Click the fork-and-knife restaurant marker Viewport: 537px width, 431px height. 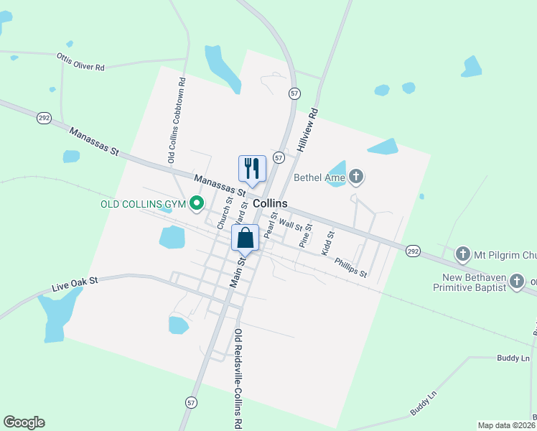(252, 169)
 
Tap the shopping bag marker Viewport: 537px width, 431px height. (245, 238)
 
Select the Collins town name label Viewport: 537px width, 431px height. (269, 203)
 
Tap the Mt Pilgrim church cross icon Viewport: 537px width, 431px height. (463, 254)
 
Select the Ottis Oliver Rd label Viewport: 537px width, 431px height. (80, 61)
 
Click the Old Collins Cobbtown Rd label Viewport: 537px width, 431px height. (176, 120)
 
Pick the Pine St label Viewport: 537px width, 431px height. (306, 236)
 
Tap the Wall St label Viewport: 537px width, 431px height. (291, 225)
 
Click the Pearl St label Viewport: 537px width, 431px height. (271, 225)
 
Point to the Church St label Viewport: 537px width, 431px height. (225, 210)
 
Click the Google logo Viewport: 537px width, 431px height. (24, 422)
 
